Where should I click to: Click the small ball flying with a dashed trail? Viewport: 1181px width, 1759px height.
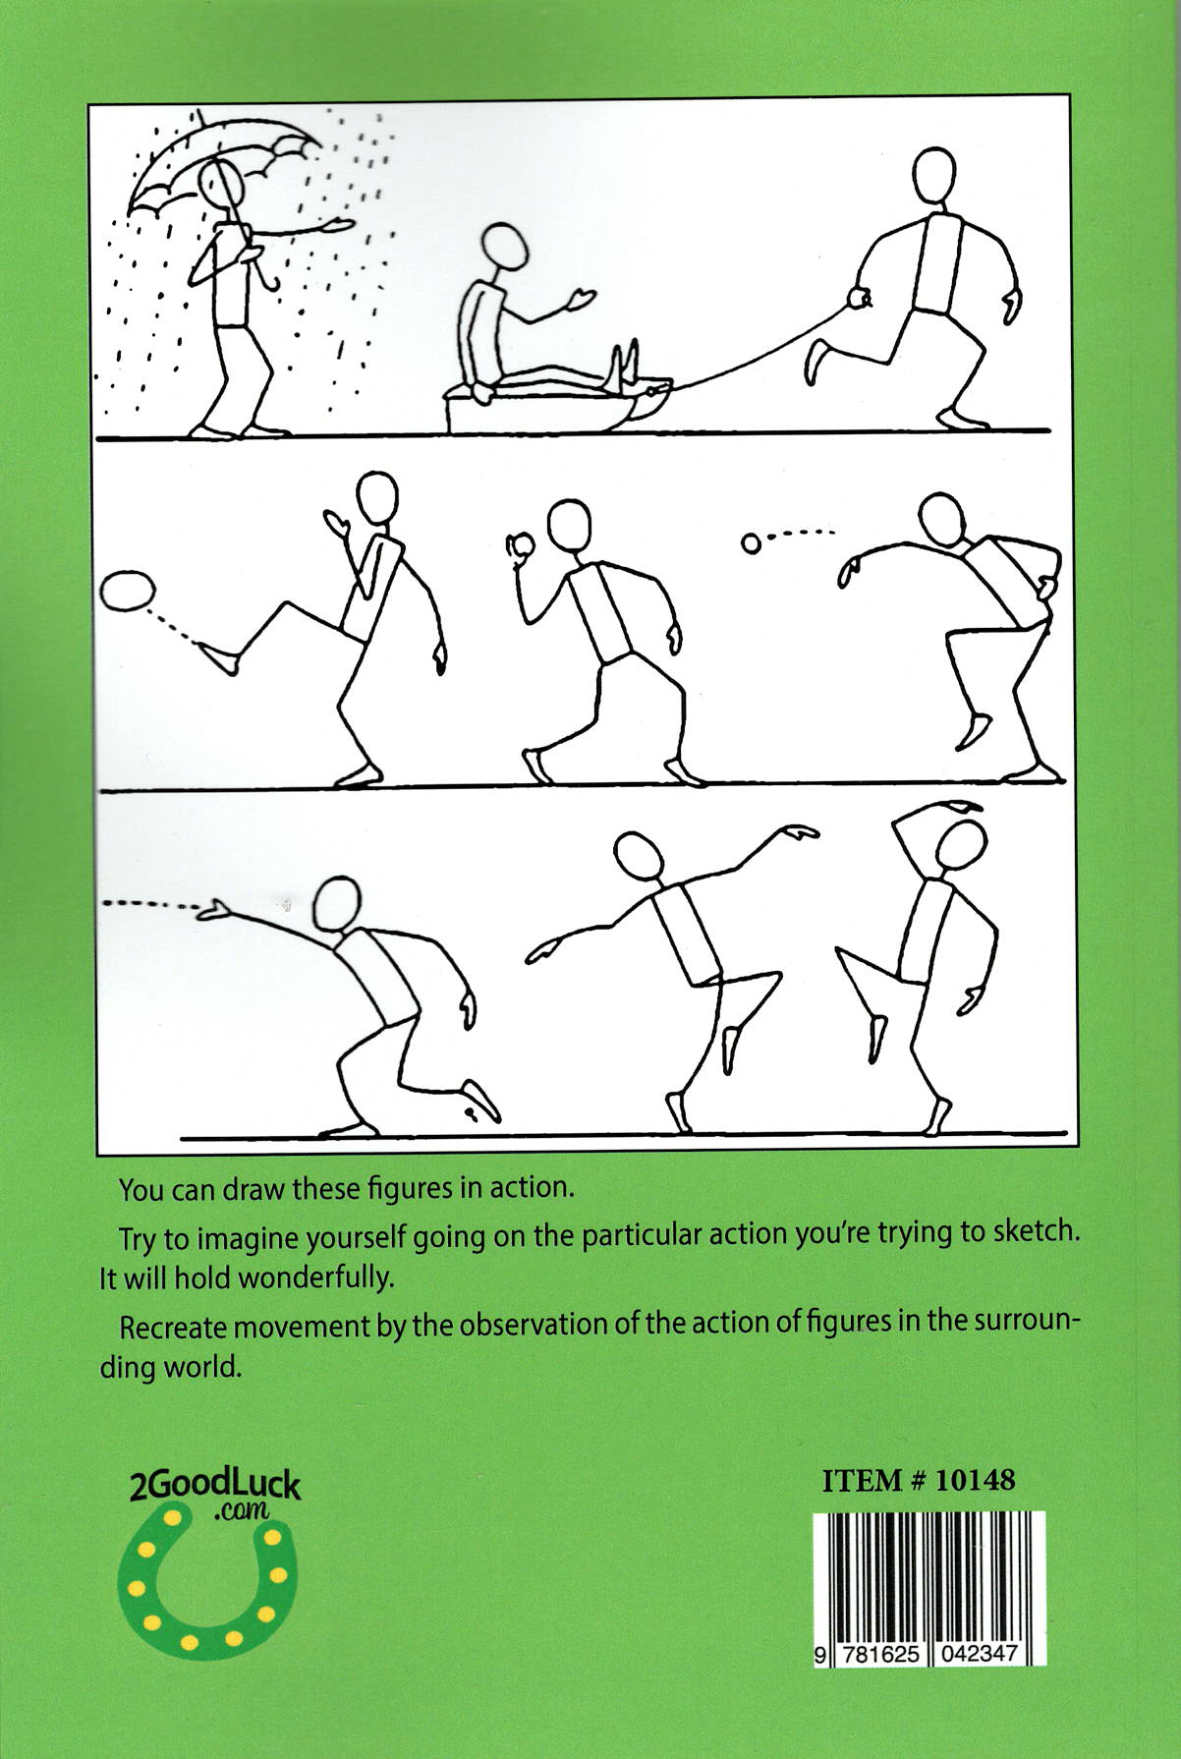[x=751, y=542]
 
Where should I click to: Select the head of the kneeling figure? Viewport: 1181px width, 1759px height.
[x=337, y=905]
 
